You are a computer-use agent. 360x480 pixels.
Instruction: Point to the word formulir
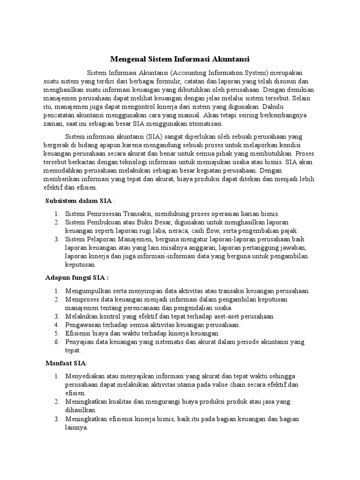point(168,82)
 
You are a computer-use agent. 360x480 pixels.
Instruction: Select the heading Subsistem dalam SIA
point(78,201)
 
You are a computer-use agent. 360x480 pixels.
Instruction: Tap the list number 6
point(56,342)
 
